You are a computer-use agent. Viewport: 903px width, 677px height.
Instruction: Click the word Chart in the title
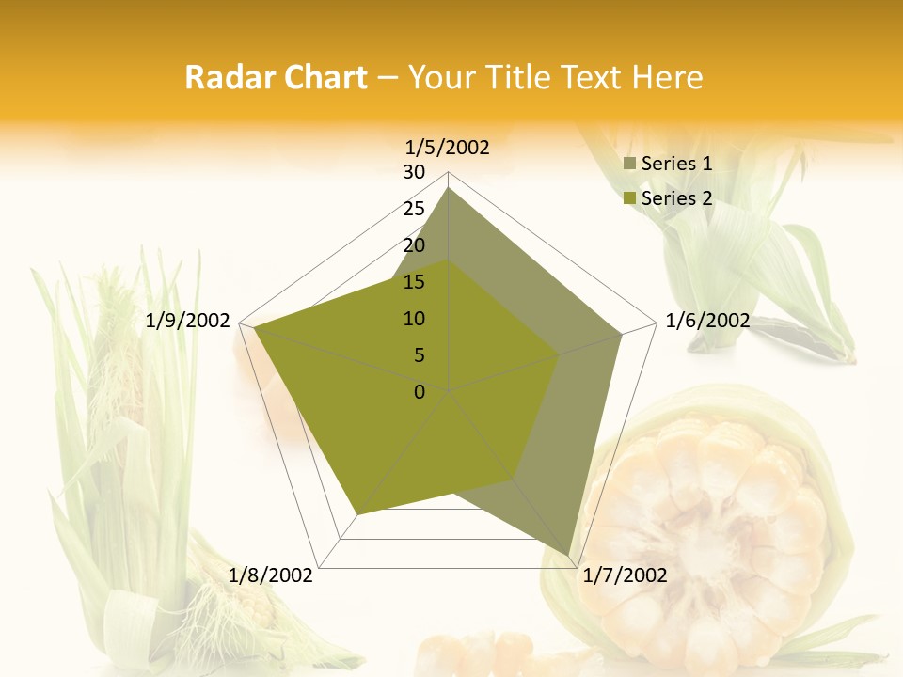tap(319, 77)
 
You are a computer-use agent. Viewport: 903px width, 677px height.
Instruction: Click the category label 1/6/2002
tap(707, 321)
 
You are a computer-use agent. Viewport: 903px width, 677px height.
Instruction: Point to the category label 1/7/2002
tap(626, 575)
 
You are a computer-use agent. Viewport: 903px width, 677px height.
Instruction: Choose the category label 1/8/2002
tap(271, 575)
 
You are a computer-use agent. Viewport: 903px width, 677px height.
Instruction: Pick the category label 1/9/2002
tap(188, 321)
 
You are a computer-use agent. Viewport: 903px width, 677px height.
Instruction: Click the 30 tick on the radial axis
tap(414, 172)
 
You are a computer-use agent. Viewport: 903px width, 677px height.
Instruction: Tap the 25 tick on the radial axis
tap(414, 209)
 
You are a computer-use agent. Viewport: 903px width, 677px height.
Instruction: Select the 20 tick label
tap(414, 245)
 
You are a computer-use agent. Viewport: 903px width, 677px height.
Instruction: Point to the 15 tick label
tap(414, 282)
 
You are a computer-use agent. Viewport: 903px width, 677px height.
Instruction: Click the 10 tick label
tap(414, 319)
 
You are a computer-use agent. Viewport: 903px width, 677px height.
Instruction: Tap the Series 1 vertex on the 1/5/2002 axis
tap(449, 187)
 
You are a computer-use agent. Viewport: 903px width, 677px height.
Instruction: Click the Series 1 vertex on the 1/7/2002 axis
tap(569, 556)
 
